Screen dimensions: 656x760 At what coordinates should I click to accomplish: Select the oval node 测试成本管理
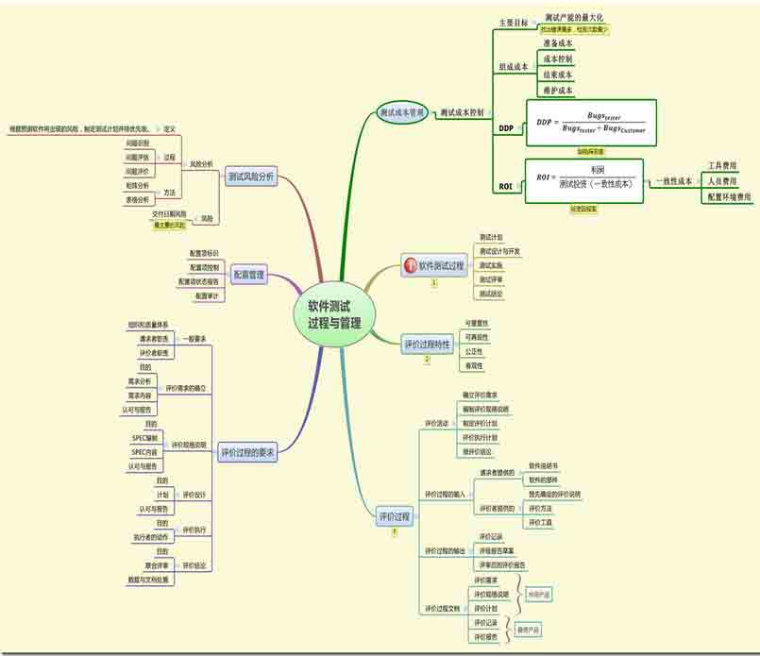coord(401,112)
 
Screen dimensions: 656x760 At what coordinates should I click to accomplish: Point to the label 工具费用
coord(729,165)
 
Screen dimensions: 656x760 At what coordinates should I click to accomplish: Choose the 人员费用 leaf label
coord(729,180)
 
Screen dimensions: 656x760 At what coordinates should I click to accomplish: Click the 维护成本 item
coord(558,91)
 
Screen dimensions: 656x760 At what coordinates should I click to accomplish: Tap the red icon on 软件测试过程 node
coord(410,267)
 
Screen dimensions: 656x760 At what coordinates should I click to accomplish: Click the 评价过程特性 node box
coord(427,345)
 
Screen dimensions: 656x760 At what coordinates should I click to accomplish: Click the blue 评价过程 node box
coord(395,517)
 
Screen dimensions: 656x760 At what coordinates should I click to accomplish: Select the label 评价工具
coord(540,522)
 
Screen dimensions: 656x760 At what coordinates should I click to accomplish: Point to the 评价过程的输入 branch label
coord(444,494)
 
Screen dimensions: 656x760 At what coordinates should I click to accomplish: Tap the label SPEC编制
coord(144,438)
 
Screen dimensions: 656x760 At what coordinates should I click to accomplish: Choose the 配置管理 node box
coord(248,275)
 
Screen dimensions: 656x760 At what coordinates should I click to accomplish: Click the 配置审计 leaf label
coord(206,296)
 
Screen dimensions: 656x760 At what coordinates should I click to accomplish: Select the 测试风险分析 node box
coord(251,176)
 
